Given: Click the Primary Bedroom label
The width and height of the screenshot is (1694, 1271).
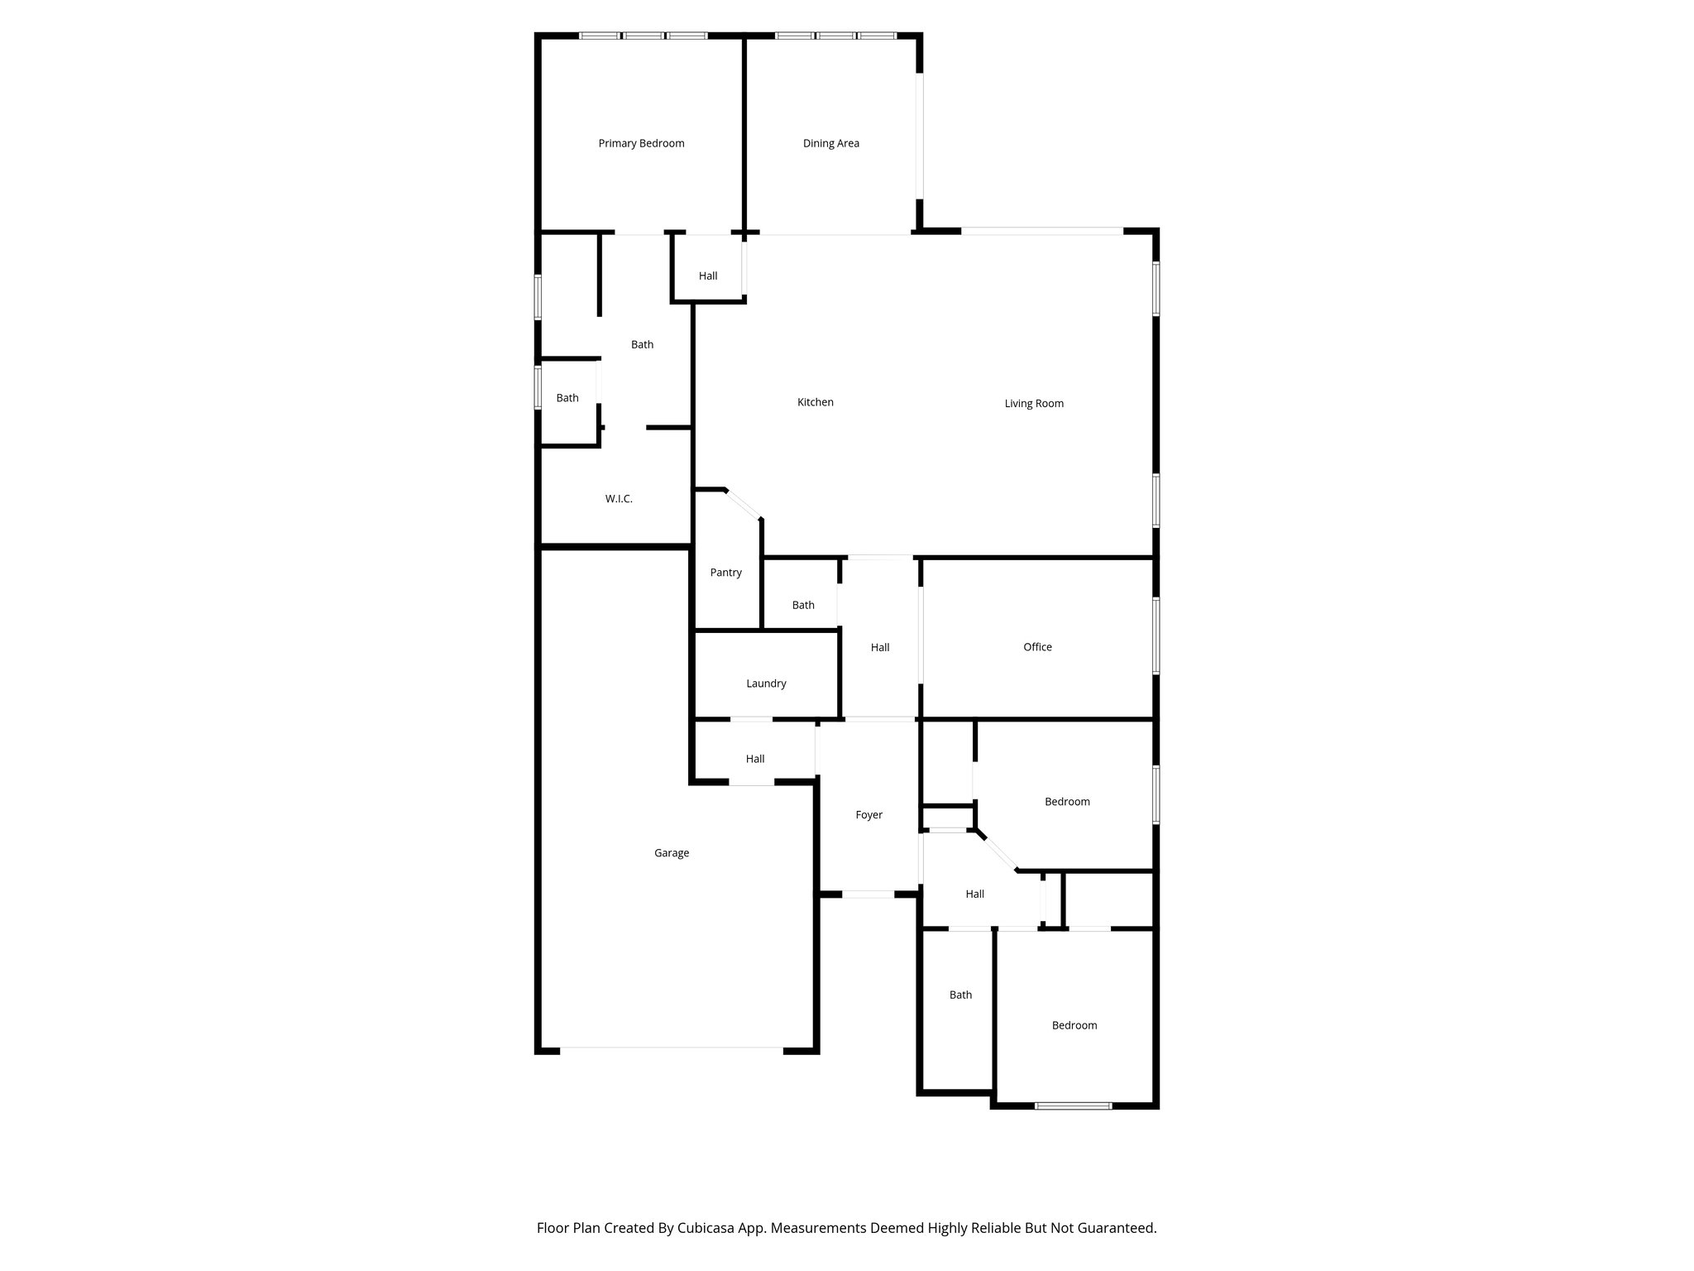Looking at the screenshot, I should point(641,143).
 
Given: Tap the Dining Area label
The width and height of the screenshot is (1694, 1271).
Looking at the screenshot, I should point(830,143).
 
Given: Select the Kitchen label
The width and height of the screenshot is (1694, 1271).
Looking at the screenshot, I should point(815,402).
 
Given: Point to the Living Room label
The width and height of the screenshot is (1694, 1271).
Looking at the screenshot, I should point(1033,404).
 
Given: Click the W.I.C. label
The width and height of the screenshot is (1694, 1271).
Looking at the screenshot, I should point(618,499).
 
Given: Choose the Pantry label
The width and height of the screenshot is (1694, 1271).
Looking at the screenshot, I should point(725,573).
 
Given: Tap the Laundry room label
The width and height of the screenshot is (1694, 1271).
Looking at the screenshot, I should point(766,683).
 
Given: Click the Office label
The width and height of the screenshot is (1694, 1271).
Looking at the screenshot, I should point(1037,647).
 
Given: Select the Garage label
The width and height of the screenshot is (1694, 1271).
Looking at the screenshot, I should point(671,853).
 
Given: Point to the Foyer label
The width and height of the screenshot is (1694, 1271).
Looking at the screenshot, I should point(869,815).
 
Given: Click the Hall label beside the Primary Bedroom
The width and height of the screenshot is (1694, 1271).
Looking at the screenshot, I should point(707,276).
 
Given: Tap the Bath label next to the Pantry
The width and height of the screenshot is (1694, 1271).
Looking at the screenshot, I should point(802,606).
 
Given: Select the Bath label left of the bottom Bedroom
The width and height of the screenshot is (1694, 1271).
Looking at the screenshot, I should point(959,995).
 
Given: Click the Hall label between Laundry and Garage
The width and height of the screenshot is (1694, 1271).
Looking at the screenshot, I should point(754,759).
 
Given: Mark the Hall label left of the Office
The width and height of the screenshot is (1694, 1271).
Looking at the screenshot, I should point(879,648).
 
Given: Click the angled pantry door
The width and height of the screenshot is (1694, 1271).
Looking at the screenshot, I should point(744,504).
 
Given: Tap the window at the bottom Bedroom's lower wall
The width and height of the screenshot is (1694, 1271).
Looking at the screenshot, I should point(1073,1105).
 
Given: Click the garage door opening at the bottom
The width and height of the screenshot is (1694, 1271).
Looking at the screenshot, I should point(671,1049).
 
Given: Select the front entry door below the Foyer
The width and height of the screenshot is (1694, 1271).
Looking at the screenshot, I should point(868,894).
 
